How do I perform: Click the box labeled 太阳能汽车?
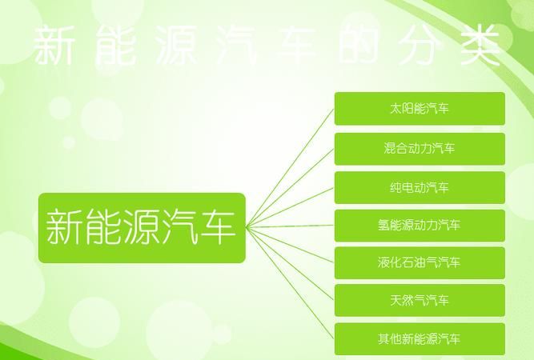click(x=420, y=109)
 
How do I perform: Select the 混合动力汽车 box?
click(x=420, y=148)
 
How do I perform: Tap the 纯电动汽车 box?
click(x=420, y=188)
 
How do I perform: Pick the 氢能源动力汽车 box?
click(x=420, y=226)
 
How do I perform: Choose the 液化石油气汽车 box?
click(x=420, y=262)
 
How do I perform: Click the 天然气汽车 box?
click(x=420, y=301)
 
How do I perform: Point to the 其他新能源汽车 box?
click(x=420, y=339)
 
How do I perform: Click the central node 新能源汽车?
click(x=141, y=228)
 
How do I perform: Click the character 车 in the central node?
click(x=217, y=227)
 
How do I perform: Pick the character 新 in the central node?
click(x=65, y=227)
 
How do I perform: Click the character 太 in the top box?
click(x=398, y=109)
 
